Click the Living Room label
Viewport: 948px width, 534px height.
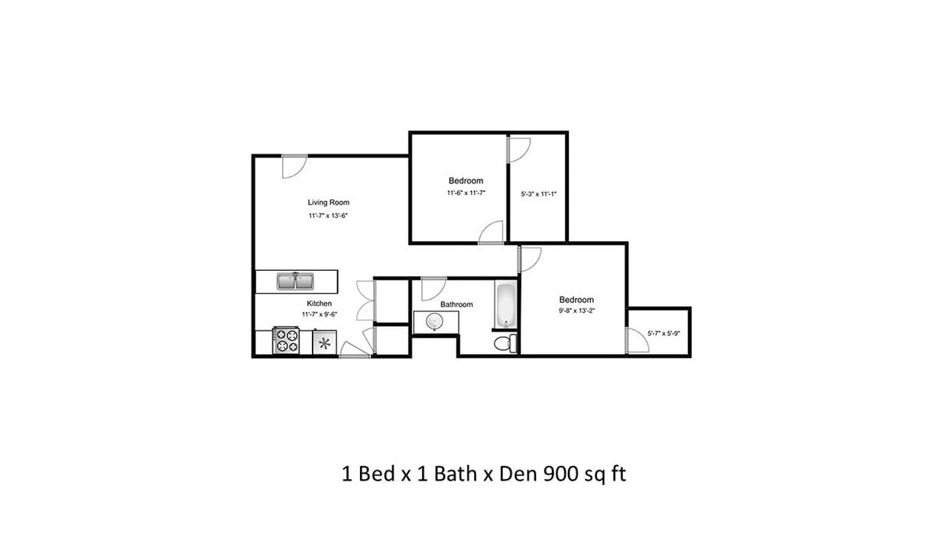[328, 203]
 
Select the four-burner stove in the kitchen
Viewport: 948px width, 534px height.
[287, 341]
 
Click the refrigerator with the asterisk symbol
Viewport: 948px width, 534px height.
[325, 343]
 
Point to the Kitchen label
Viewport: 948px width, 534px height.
[319, 304]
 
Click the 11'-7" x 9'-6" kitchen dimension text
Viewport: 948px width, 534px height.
[320, 314]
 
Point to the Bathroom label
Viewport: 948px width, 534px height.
[456, 304]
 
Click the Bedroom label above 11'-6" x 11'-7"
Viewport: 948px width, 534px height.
[466, 181]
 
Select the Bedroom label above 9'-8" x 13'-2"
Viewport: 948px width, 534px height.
[576, 300]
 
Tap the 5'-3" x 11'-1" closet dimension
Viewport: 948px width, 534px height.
[538, 194]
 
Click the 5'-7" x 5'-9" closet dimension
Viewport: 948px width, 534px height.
[664, 334]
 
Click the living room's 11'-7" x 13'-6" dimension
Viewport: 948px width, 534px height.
[329, 217]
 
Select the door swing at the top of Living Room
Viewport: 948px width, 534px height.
[294, 166]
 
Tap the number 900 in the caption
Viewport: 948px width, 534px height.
[560, 474]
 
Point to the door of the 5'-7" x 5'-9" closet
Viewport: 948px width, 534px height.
[636, 341]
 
